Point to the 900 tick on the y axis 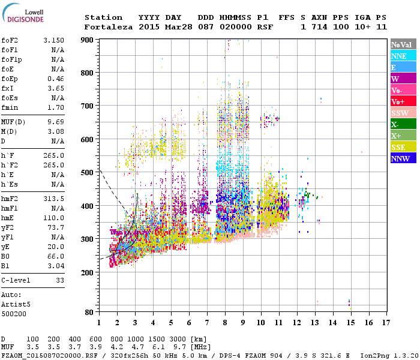(x=88, y=40)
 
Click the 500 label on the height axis (x=88, y=173)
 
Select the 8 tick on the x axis (x=224, y=322)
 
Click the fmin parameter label (x=10, y=107)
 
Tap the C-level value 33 (x=59, y=280)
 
